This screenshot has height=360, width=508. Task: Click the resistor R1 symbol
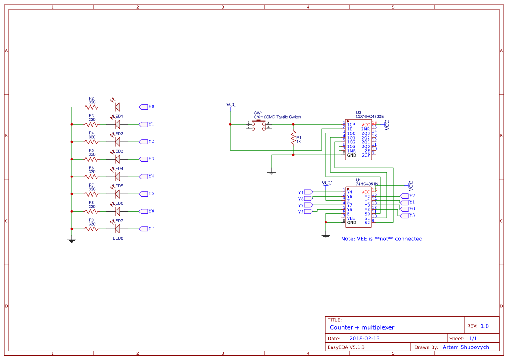tap(293, 138)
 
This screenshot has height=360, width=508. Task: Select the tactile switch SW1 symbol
tap(259, 125)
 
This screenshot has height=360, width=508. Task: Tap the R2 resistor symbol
tap(91, 107)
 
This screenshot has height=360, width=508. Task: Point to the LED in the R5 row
tap(116, 159)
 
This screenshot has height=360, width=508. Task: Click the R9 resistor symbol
tap(91, 228)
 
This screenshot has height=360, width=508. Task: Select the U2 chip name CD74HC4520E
tap(369, 117)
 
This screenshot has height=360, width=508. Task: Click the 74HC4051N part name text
tap(367, 184)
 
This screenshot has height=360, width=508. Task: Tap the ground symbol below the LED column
tap(71, 240)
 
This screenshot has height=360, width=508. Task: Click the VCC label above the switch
tap(231, 105)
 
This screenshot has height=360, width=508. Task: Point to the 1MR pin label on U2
tap(351, 151)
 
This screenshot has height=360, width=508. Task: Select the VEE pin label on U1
tap(351, 218)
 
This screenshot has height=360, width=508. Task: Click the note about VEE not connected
tap(382, 239)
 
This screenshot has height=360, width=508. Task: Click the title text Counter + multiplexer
tap(362, 327)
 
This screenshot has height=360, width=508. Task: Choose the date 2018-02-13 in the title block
tap(364, 338)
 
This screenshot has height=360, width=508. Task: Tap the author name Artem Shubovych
tap(465, 347)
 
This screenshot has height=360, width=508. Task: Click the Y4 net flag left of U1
tap(308, 192)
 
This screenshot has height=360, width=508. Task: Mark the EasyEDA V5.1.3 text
tap(346, 347)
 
